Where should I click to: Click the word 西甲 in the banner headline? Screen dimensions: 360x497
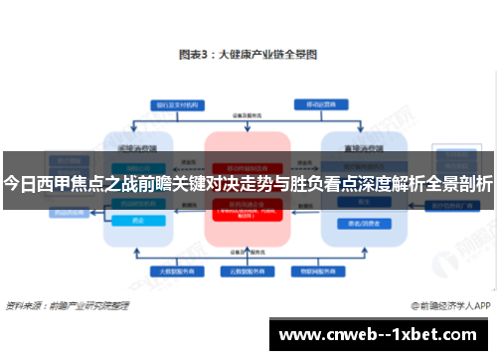(50, 183)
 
